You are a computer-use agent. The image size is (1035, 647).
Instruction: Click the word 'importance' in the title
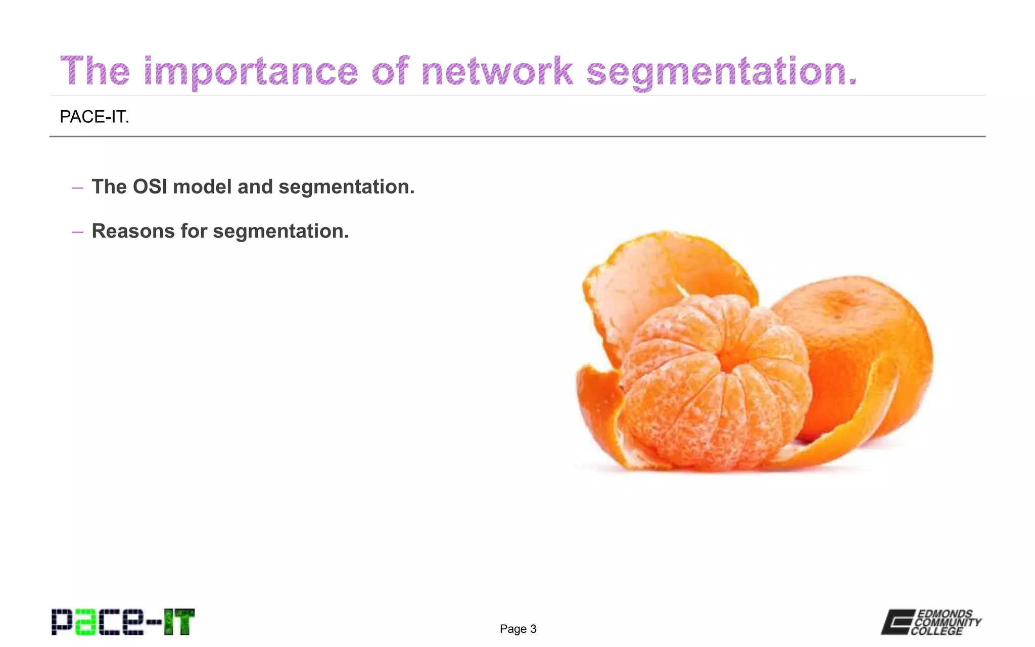pyautogui.click(x=251, y=71)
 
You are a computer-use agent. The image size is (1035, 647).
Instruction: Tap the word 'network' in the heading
pyautogui.click(x=497, y=71)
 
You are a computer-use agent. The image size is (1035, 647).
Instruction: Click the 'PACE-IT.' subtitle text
pyautogui.click(x=95, y=117)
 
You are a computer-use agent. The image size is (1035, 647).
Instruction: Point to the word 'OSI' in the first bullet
pyautogui.click(x=150, y=187)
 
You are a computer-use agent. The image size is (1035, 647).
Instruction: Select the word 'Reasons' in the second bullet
pyautogui.click(x=133, y=232)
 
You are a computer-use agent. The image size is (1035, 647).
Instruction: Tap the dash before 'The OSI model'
pyautogui.click(x=77, y=188)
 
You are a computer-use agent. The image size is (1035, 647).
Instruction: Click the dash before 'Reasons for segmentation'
pyautogui.click(x=77, y=233)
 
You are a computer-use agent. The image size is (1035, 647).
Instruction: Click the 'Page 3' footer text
pyautogui.click(x=518, y=629)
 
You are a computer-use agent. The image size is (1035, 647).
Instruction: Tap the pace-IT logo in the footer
pyautogui.click(x=123, y=622)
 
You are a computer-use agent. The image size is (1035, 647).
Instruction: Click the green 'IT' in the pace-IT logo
pyautogui.click(x=179, y=622)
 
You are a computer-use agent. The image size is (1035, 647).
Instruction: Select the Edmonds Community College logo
pyautogui.click(x=931, y=622)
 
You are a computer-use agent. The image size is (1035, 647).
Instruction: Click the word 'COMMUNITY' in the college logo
pyautogui.click(x=948, y=622)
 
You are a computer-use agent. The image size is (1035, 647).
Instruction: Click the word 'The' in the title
pyautogui.click(x=95, y=71)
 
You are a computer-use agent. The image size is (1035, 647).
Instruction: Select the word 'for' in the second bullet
pyautogui.click(x=194, y=232)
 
